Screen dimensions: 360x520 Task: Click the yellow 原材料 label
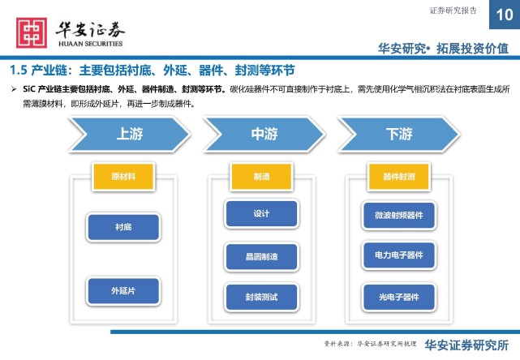(x=122, y=176)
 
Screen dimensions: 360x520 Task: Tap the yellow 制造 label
(x=260, y=176)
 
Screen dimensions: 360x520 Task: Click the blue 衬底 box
(x=122, y=228)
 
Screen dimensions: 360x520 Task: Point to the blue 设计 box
(x=261, y=214)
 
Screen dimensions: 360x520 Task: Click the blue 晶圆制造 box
(x=261, y=256)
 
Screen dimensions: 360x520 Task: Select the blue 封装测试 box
(x=261, y=298)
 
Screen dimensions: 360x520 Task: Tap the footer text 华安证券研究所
(x=467, y=345)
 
